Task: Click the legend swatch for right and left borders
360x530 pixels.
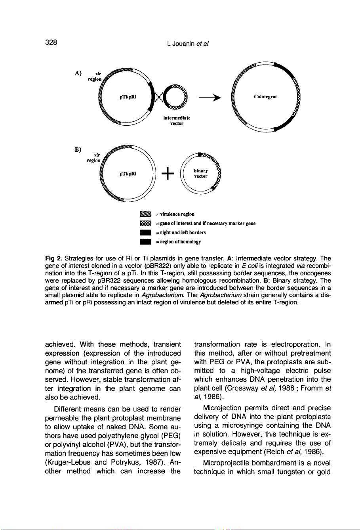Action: coord(141,232)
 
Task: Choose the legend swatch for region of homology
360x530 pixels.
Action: coord(141,241)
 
